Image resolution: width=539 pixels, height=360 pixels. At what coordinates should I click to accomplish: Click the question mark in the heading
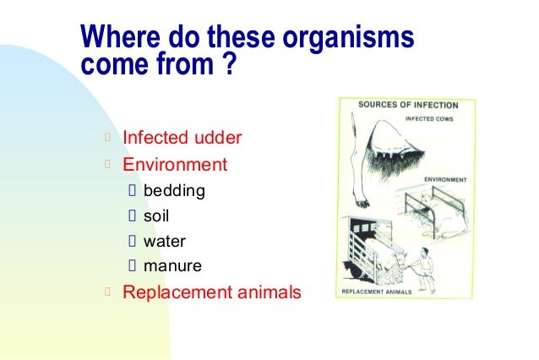226,66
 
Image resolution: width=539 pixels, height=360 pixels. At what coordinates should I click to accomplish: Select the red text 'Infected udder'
182,137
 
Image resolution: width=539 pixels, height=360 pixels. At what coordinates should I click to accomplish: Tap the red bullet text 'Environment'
175,164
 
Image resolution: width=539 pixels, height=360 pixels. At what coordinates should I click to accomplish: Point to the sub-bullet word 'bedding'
174,190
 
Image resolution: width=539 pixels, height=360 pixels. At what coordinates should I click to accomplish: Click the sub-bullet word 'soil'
156,215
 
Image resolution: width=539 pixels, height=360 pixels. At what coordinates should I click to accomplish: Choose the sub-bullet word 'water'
165,241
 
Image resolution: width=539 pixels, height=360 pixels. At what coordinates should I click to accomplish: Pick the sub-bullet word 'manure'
172,266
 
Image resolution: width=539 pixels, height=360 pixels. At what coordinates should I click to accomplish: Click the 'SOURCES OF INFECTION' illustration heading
408,106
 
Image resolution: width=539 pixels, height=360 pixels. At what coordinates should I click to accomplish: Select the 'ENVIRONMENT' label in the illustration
447,180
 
